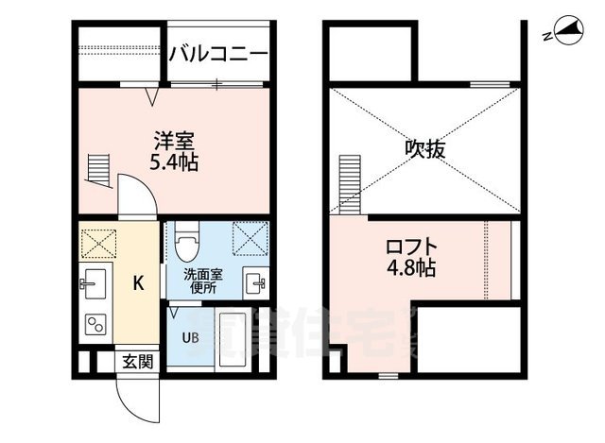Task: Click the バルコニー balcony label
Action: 219,54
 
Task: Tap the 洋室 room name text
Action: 174,142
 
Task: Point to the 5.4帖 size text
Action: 174,162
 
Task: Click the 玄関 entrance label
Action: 135,361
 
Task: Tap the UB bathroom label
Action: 190,336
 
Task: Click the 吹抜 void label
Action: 424,148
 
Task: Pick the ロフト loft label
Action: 411,247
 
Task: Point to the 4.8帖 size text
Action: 411,268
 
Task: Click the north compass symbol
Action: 567,33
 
